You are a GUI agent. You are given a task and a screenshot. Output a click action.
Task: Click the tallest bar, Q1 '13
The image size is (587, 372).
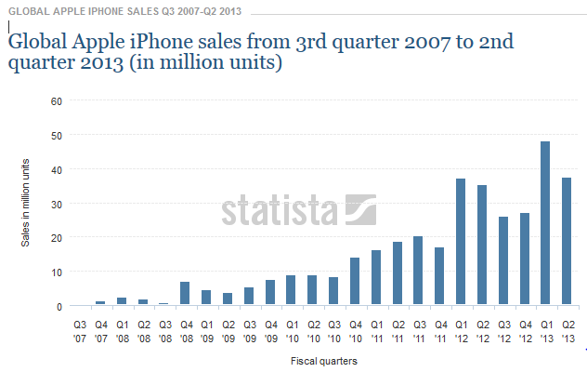point(545,223)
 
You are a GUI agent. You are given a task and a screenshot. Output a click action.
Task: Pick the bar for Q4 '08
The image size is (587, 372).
point(185,294)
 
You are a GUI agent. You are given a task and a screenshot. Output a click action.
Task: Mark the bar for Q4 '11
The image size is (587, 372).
point(439,277)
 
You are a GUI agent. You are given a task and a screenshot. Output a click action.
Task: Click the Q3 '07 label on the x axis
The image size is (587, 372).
point(80,330)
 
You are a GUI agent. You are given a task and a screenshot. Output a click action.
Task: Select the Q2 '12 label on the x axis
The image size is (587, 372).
point(482,330)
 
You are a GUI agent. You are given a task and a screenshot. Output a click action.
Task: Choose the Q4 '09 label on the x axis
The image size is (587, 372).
point(269,330)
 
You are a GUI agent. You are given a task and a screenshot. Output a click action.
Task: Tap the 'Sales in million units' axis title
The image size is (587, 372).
point(26,202)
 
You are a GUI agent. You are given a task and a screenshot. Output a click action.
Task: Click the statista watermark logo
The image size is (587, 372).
point(298,209)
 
